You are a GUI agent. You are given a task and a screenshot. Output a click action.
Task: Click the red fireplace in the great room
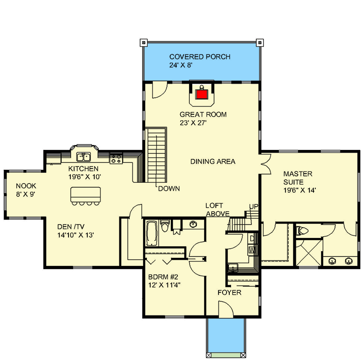[x=201, y=94]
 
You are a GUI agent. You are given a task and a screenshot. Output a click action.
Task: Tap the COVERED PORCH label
[x=200, y=57]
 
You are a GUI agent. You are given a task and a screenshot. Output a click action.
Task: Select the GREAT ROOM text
[x=203, y=115]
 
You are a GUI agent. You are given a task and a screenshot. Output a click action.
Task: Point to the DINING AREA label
[x=213, y=162]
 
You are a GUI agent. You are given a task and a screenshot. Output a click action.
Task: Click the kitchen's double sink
[x=83, y=157]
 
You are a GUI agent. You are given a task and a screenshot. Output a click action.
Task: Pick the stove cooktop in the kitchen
[x=115, y=158]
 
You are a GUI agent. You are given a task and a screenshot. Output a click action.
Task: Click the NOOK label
[x=26, y=186]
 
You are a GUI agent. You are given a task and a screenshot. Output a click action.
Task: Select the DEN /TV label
[x=73, y=226]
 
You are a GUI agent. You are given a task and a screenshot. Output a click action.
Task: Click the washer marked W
[x=251, y=249]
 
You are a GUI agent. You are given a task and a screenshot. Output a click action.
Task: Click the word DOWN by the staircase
[x=169, y=189]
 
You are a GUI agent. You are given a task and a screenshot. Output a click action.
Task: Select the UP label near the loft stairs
[x=254, y=206]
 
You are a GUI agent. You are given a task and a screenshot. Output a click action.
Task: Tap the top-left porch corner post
[x=143, y=42]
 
